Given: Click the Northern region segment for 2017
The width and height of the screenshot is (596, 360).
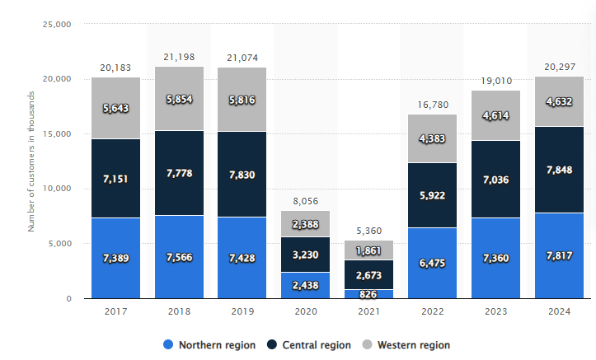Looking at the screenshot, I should (115, 258).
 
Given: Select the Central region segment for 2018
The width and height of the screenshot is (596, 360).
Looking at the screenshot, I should (179, 173).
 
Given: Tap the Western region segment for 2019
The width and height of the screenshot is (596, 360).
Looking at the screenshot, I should (242, 99).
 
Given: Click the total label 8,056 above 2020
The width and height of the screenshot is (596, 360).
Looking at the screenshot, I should (305, 200).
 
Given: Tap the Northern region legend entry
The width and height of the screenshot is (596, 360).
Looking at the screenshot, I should (209, 344).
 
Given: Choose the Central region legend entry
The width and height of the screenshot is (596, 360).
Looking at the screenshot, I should (309, 344).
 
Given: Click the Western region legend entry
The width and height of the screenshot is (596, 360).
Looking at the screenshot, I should (406, 344).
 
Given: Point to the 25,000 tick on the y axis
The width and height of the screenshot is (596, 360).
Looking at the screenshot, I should (55, 24).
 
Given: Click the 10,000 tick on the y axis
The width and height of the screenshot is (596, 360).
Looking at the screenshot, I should (55, 189).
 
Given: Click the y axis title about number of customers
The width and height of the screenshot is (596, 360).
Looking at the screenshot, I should (31, 161).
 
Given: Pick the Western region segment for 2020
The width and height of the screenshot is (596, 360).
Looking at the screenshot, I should (305, 223).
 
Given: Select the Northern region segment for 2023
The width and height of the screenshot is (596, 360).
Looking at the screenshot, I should (495, 258).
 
